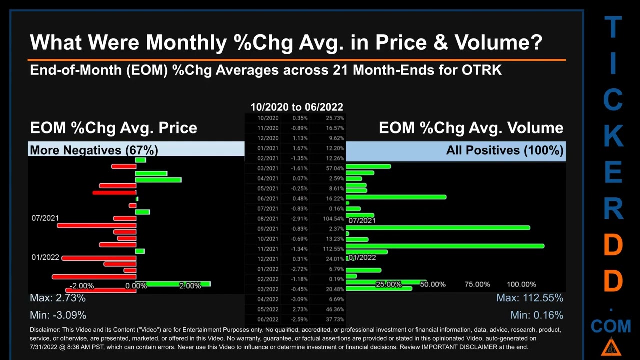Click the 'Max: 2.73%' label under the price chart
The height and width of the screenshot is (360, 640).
coord(58,298)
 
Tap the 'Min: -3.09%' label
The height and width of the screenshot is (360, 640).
coord(58,315)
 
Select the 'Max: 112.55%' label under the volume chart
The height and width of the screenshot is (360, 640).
coord(529,298)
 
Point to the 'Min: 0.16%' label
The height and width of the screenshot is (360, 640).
coord(536,315)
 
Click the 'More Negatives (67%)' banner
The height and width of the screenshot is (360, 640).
coord(94,150)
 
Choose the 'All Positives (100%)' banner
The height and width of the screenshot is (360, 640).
coord(505,150)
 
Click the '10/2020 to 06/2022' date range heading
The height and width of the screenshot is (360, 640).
coord(296,107)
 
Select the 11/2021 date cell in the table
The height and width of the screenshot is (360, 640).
coord(268,249)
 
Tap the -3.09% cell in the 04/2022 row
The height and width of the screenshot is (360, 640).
coord(300,299)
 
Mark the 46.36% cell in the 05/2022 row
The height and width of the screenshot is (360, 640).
coord(335,309)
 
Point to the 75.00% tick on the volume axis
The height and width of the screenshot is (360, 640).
coord(477,284)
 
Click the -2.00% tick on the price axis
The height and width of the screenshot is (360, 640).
coord(82,286)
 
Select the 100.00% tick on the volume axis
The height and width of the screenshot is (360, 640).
coord(521,284)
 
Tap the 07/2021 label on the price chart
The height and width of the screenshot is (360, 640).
coord(45,218)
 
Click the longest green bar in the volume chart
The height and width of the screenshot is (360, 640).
coord(445,246)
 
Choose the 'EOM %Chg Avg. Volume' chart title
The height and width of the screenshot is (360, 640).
coord(471,128)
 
